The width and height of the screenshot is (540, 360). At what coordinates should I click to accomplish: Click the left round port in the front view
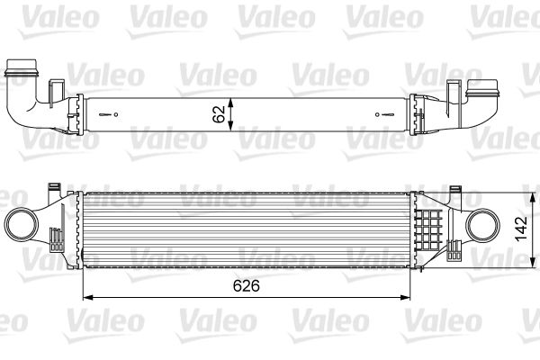click(22, 221)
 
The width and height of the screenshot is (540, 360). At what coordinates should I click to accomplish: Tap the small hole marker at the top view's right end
click(386, 114)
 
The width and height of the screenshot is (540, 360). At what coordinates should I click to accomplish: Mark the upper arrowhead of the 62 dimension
click(232, 98)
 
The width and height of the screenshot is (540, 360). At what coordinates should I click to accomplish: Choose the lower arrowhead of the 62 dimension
click(232, 129)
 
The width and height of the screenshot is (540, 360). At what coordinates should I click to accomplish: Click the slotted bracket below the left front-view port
click(56, 241)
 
